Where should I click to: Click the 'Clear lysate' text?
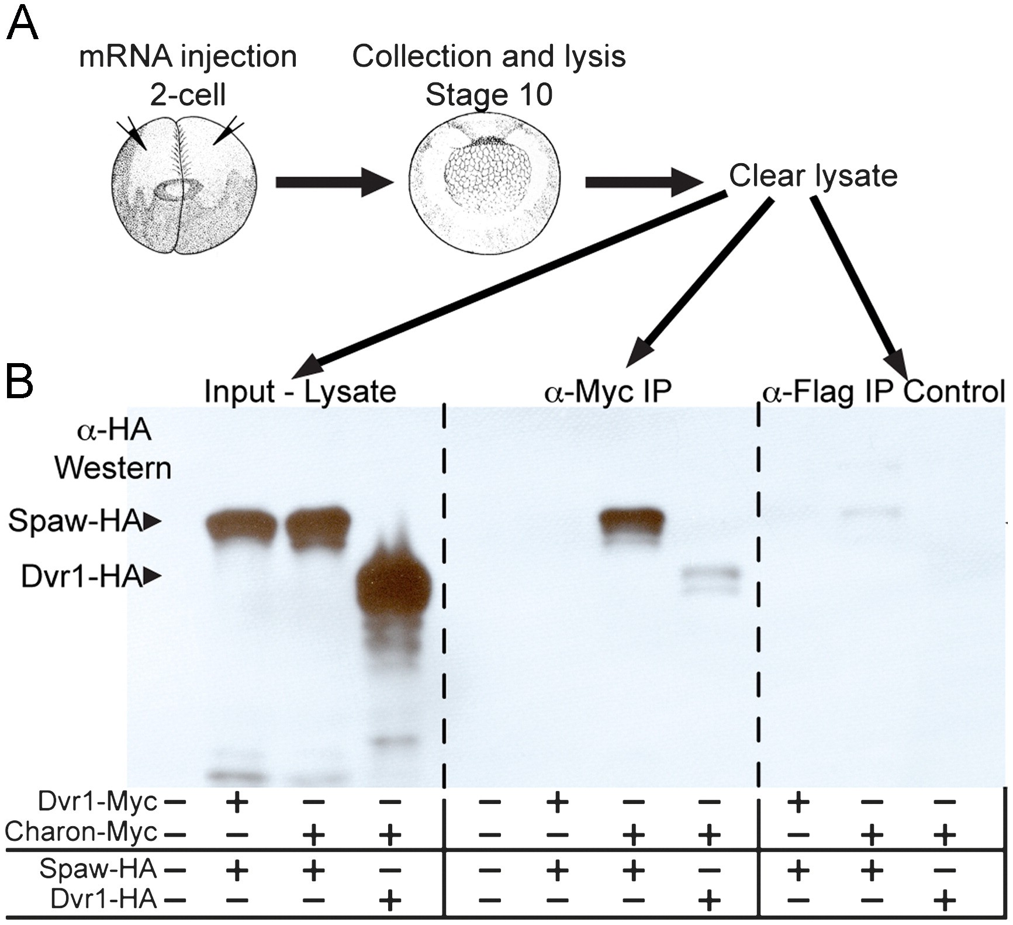click(813, 175)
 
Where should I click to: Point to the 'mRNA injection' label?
click(188, 57)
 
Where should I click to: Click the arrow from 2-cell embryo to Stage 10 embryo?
click(334, 182)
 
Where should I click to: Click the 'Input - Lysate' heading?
click(300, 391)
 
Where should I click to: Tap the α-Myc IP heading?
click(608, 391)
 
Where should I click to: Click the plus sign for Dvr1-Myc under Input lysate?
click(237, 802)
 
